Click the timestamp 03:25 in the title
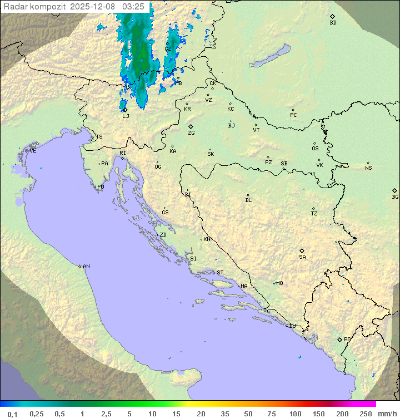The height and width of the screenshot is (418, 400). [x=133, y=7]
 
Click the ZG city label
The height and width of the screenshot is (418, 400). [x=191, y=133]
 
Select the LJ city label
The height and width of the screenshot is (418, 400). [x=126, y=116]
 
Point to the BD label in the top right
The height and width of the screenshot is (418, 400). [x=333, y=23]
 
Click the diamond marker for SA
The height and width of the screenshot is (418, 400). [x=302, y=250]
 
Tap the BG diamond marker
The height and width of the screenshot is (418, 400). [x=395, y=190]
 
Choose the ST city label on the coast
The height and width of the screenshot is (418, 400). [x=220, y=273]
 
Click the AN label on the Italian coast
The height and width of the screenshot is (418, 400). [x=86, y=267]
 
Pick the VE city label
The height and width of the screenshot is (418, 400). [x=33, y=151]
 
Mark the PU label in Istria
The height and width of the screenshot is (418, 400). [x=101, y=187]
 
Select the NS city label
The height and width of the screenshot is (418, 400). [x=368, y=168]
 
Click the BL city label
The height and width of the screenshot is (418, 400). [x=248, y=200]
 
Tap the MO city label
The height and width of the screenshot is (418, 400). [x=279, y=283]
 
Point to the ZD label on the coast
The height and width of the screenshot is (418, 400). [x=163, y=235]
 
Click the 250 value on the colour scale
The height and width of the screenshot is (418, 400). [x=366, y=414]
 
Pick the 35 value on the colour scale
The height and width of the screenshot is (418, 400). [x=224, y=414]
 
